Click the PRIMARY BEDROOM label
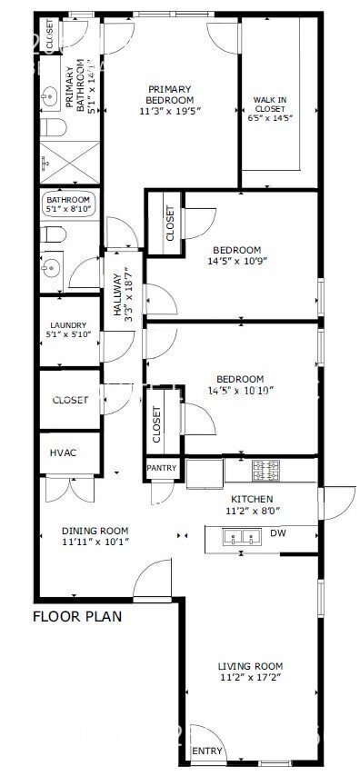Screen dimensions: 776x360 pos(171,94)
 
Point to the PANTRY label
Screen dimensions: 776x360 pos(162,468)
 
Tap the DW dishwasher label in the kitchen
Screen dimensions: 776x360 pos(277,533)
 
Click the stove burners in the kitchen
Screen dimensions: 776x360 pos(265,471)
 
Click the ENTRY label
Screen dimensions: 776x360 pos(206,750)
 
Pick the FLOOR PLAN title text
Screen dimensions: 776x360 pos(77,615)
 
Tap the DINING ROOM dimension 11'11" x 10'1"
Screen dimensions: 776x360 pos(95,542)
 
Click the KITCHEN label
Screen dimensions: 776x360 pos(252,499)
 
